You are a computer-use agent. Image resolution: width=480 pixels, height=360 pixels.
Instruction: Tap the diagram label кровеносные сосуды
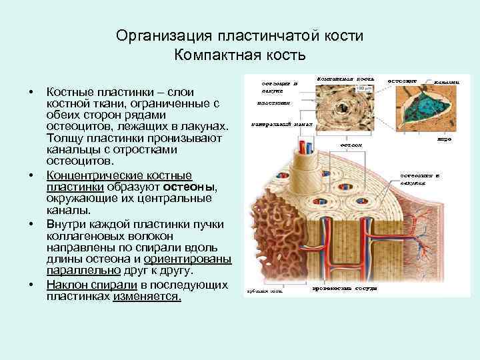point(344,289)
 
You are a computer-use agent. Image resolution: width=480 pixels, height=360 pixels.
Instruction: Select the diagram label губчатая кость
point(265,291)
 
